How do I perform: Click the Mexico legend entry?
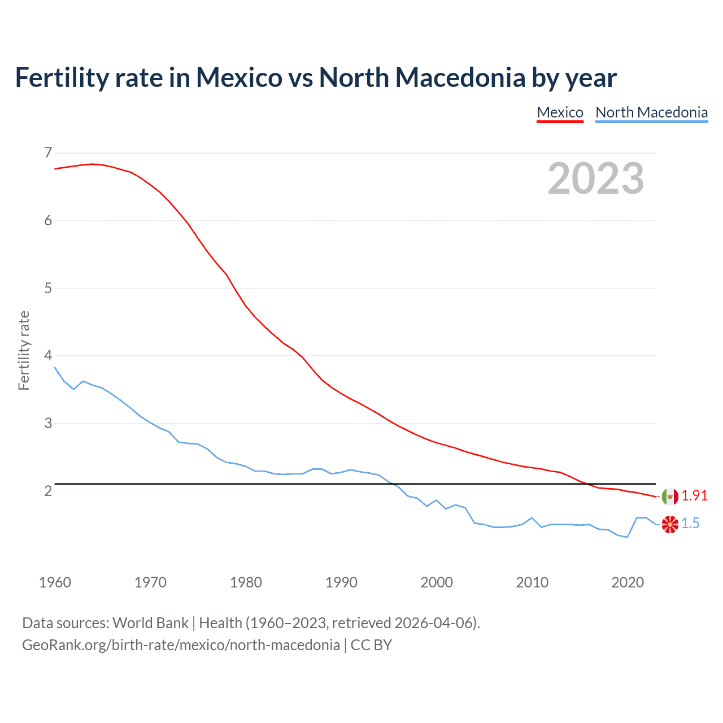click(560, 112)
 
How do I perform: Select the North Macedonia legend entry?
click(651, 112)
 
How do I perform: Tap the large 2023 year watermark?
click(595, 178)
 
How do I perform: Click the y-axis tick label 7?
click(48, 153)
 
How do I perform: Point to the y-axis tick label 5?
click(48, 288)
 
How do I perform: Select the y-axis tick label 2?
click(48, 491)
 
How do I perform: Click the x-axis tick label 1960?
click(55, 582)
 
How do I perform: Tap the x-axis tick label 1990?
click(341, 582)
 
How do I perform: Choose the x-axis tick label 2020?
click(628, 582)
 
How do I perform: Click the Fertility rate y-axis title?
click(24, 350)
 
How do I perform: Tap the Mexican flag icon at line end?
click(670, 496)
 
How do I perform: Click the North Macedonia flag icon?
click(670, 524)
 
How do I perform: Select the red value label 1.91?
click(694, 495)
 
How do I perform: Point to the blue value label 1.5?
click(690, 524)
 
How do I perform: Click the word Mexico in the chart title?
click(238, 77)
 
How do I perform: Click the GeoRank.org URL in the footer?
click(181, 645)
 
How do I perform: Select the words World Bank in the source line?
click(150, 623)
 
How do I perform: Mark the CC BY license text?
click(371, 645)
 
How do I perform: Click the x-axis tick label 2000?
click(437, 582)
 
